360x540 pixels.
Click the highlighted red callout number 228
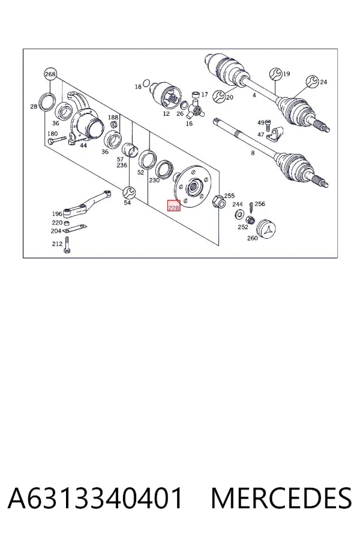[x=173, y=206]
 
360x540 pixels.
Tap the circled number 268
[x=50, y=74]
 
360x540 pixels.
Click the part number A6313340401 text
[x=95, y=498]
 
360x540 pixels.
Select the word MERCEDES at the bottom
[x=281, y=498]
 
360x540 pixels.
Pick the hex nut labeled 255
[x=218, y=201]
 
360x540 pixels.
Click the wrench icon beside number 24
[x=313, y=82]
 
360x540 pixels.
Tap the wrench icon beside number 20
[x=219, y=97]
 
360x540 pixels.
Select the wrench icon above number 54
[x=130, y=193]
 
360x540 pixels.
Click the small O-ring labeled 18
[x=146, y=83]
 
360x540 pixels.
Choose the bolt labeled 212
[x=67, y=245]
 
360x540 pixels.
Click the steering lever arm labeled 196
[x=86, y=204]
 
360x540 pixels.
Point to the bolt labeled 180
[x=57, y=140]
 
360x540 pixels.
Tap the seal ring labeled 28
[x=47, y=102]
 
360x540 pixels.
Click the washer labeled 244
[x=238, y=215]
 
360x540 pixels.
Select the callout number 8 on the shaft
[x=253, y=153]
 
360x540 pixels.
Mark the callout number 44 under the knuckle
[x=83, y=145]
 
